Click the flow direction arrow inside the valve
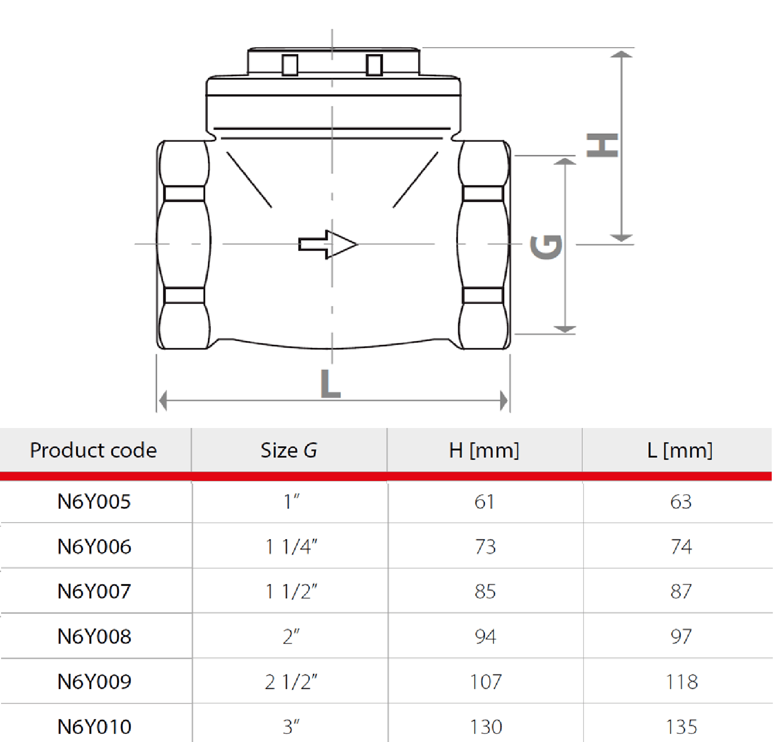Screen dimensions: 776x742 click(328, 244)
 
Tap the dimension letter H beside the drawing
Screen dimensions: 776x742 click(602, 145)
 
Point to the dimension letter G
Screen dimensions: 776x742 click(546, 247)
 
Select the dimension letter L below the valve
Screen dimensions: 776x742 click(331, 384)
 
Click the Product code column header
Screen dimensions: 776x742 click(93, 450)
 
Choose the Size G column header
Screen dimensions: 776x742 click(288, 450)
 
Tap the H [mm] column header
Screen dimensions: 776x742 click(484, 450)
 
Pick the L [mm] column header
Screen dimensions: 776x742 click(680, 450)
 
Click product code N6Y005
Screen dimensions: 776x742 click(94, 502)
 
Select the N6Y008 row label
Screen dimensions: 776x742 click(94, 636)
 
